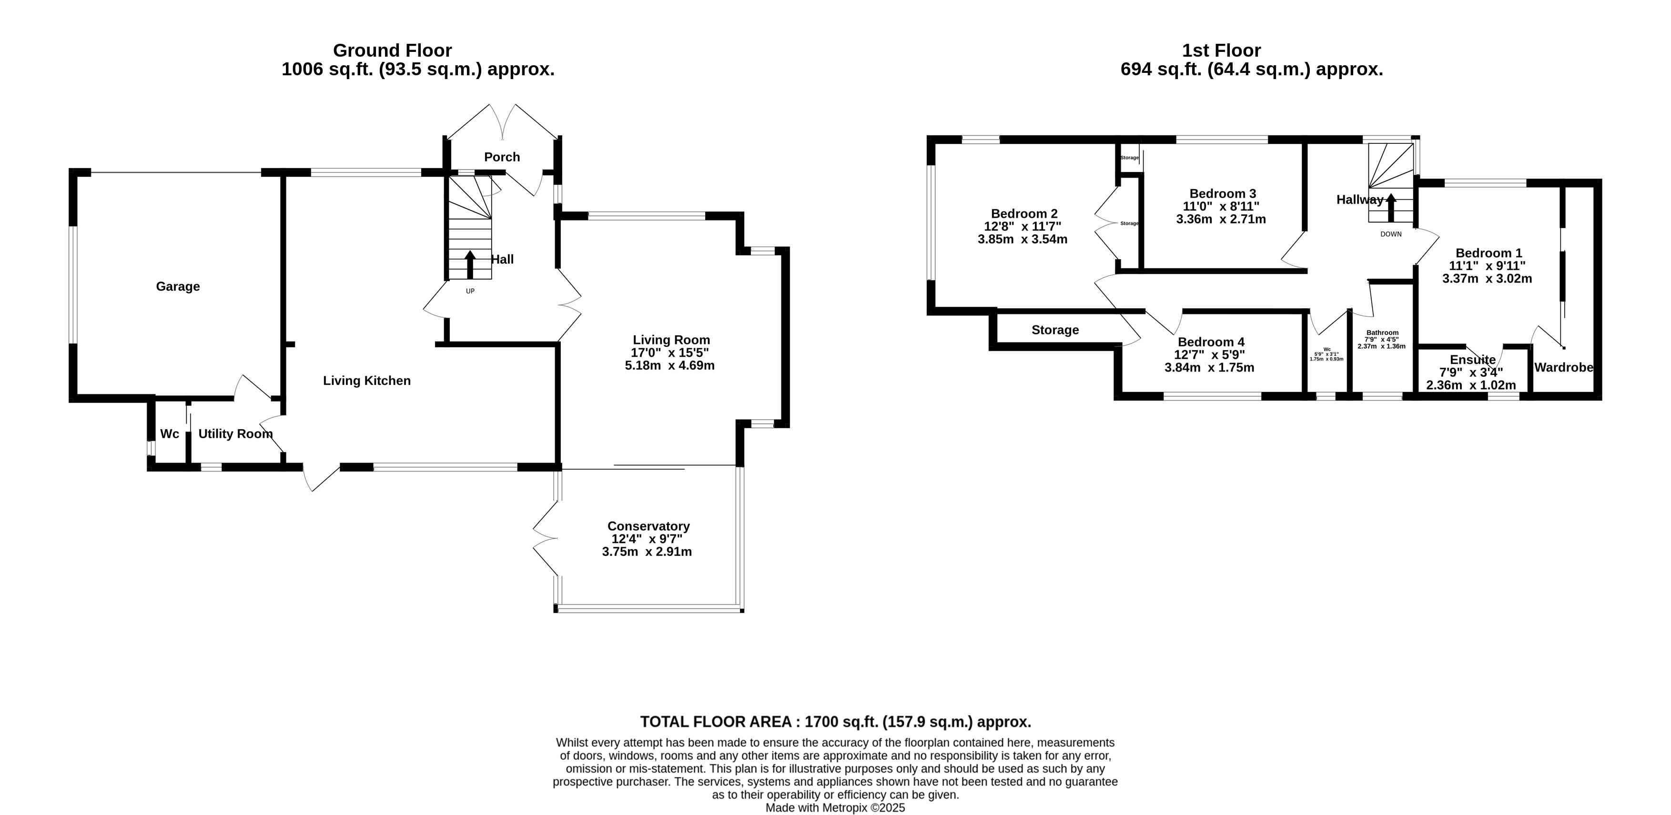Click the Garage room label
click(x=178, y=287)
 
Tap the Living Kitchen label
click(x=367, y=381)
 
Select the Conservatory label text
click(x=648, y=526)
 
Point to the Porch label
click(x=502, y=157)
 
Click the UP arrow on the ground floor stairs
click(x=470, y=264)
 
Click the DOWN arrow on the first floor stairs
click(x=1391, y=209)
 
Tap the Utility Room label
click(x=235, y=434)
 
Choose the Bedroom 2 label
click(x=1024, y=213)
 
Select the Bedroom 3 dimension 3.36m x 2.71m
click(x=1221, y=219)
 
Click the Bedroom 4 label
click(x=1211, y=342)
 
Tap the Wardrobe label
click(x=1564, y=368)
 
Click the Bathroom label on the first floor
click(x=1382, y=332)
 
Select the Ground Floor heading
click(x=393, y=50)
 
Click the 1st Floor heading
click(x=1222, y=50)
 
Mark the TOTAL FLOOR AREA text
click(x=836, y=722)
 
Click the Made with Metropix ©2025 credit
click(x=836, y=808)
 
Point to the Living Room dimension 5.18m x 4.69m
click(x=669, y=366)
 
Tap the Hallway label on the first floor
click(x=1360, y=200)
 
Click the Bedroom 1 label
click(x=1489, y=253)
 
